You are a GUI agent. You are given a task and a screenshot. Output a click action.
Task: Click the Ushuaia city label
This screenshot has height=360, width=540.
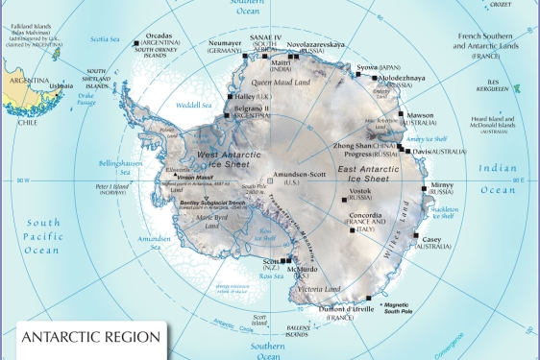(x=60, y=85)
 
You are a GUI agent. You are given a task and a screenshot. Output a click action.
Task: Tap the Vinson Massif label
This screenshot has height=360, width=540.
(x=195, y=178)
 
